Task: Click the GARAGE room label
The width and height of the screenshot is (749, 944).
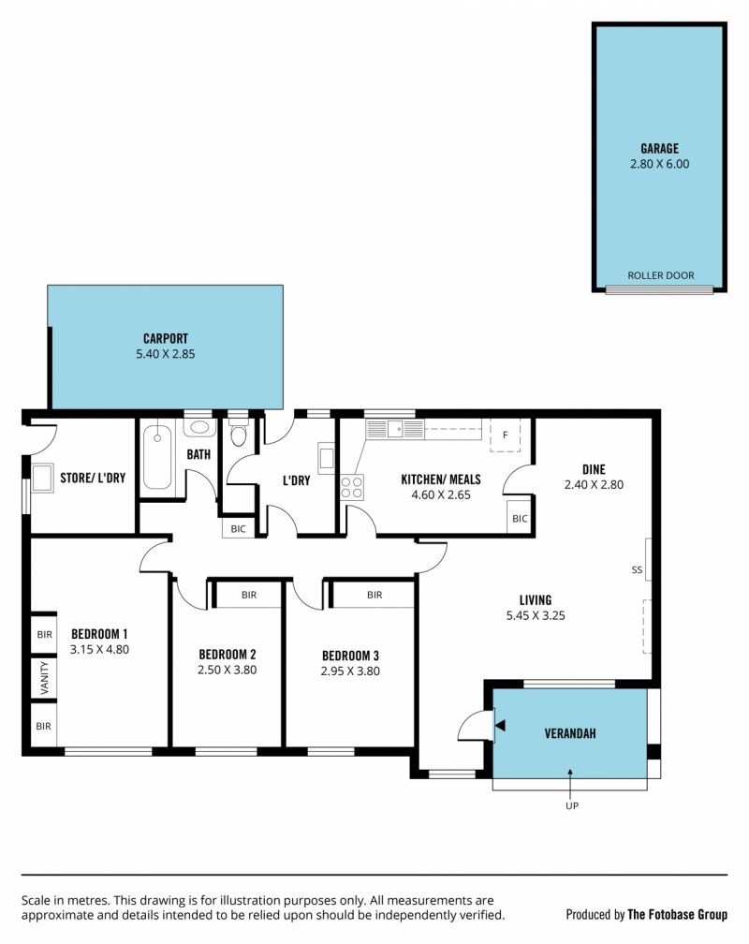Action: [x=659, y=148]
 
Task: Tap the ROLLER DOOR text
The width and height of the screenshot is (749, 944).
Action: [x=660, y=275]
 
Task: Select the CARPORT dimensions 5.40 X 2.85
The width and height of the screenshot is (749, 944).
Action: [x=165, y=354]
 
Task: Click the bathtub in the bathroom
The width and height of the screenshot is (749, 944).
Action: [x=156, y=456]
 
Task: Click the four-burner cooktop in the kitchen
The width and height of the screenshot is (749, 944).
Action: [x=352, y=487]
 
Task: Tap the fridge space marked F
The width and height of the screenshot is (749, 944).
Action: [x=505, y=435]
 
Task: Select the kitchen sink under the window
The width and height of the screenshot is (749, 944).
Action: [x=395, y=429]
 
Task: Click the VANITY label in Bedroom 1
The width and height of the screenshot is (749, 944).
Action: [x=44, y=678]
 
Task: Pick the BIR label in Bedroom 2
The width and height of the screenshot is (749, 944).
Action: [x=249, y=595]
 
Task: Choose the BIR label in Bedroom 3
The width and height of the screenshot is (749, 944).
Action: [x=374, y=595]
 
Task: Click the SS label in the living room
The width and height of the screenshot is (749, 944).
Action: [x=637, y=569]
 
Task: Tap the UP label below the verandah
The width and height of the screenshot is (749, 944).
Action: [x=572, y=805]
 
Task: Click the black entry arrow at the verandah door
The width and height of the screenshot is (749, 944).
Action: [x=500, y=725]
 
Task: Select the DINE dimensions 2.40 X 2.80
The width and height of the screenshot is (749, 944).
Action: [x=594, y=485]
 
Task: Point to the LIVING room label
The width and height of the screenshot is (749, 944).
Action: [x=536, y=599]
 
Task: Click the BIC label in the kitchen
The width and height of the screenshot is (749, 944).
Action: [x=520, y=519]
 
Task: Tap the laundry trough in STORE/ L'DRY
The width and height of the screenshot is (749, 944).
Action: [x=42, y=479]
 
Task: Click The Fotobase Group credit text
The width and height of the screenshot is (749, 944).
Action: [x=677, y=914]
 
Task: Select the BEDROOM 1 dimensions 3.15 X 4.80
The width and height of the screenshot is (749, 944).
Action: [x=99, y=650]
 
